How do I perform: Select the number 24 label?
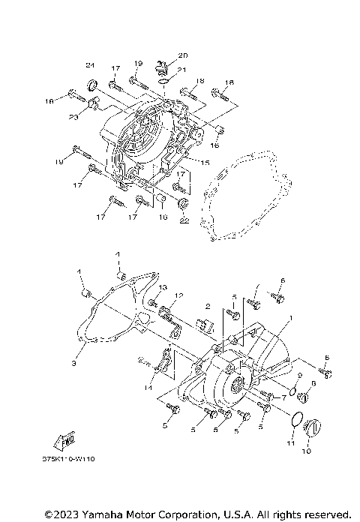point(90,63)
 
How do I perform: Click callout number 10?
point(305,452)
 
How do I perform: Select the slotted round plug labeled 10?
point(309,429)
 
